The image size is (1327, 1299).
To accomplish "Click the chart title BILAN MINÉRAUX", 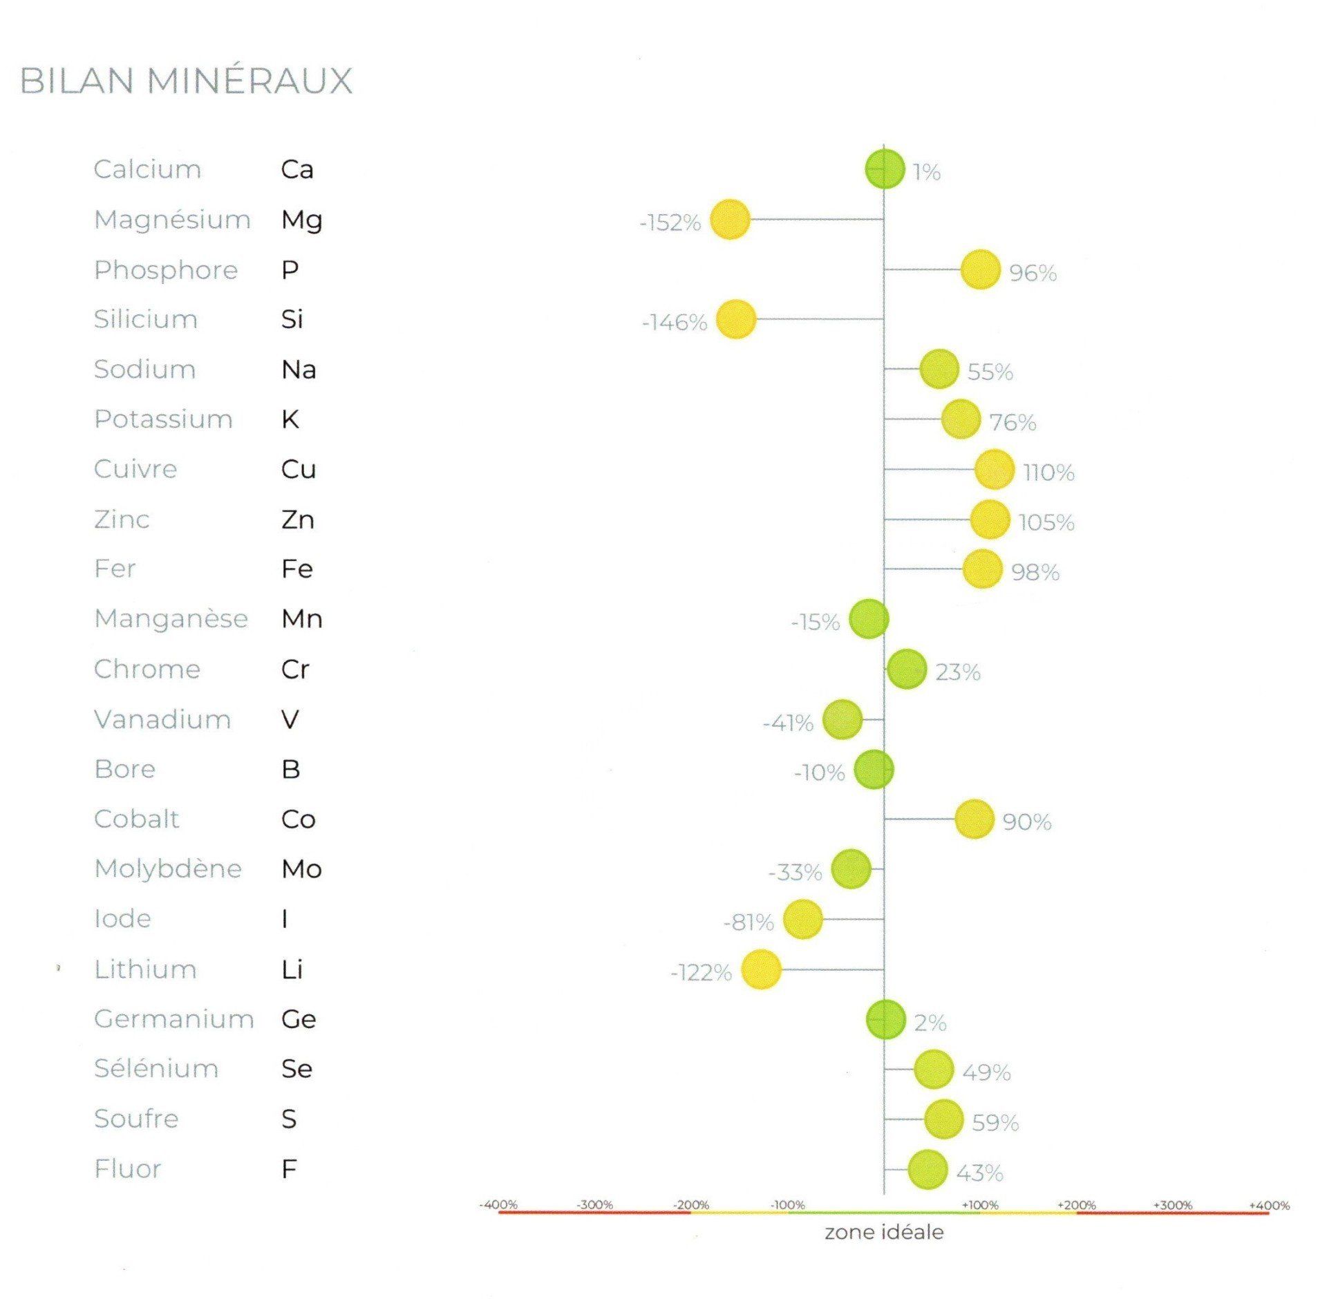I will (186, 81).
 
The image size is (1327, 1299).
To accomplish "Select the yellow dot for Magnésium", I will (730, 220).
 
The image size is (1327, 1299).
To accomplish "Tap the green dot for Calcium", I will (885, 169).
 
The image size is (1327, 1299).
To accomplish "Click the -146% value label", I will (675, 323).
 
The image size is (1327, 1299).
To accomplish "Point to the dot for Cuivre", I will (994, 469).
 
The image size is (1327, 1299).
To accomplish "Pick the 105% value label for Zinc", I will (1046, 522).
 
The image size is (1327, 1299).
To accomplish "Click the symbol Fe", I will (297, 569).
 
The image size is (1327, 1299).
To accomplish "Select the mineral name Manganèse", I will (171, 619).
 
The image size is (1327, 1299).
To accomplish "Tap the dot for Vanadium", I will (843, 719).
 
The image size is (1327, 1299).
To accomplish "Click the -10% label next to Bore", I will (820, 772).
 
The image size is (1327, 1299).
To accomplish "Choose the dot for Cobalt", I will (975, 819).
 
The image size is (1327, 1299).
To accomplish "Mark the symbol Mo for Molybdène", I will (301, 869).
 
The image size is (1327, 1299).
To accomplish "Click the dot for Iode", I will (802, 920).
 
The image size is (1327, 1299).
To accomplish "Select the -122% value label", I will (701, 973).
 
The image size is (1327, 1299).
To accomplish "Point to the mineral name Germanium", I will (174, 1019).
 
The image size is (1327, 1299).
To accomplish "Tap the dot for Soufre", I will (944, 1119).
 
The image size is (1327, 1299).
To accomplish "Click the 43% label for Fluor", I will (979, 1173).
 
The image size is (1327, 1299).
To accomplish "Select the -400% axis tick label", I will (498, 1205).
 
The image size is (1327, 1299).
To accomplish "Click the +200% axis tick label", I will (1076, 1205).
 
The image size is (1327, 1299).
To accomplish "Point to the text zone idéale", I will (884, 1232).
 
